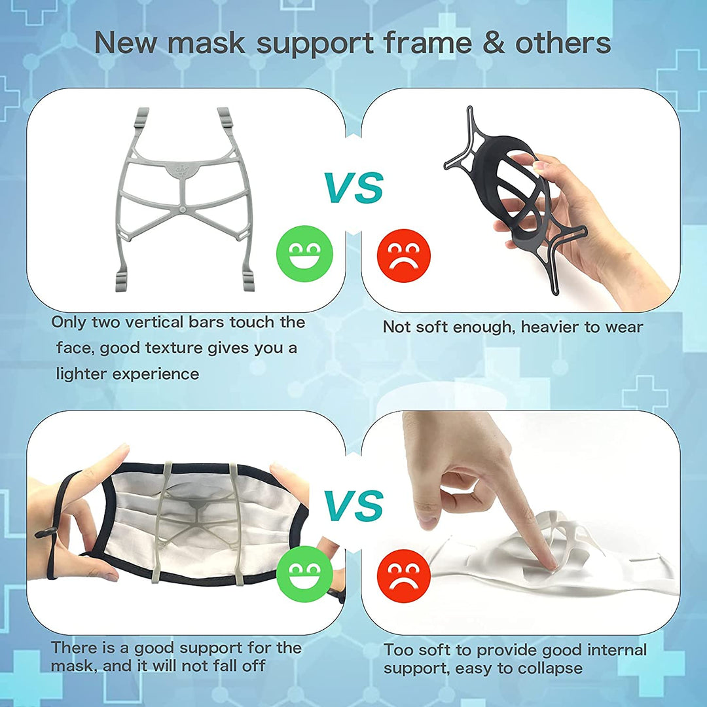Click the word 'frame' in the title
click(x=428, y=43)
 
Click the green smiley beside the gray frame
click(x=305, y=253)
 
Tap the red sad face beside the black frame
click(x=404, y=256)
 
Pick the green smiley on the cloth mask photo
click(x=305, y=573)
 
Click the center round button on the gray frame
click(x=182, y=211)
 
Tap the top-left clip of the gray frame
click(x=143, y=118)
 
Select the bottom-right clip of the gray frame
click(x=249, y=281)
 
